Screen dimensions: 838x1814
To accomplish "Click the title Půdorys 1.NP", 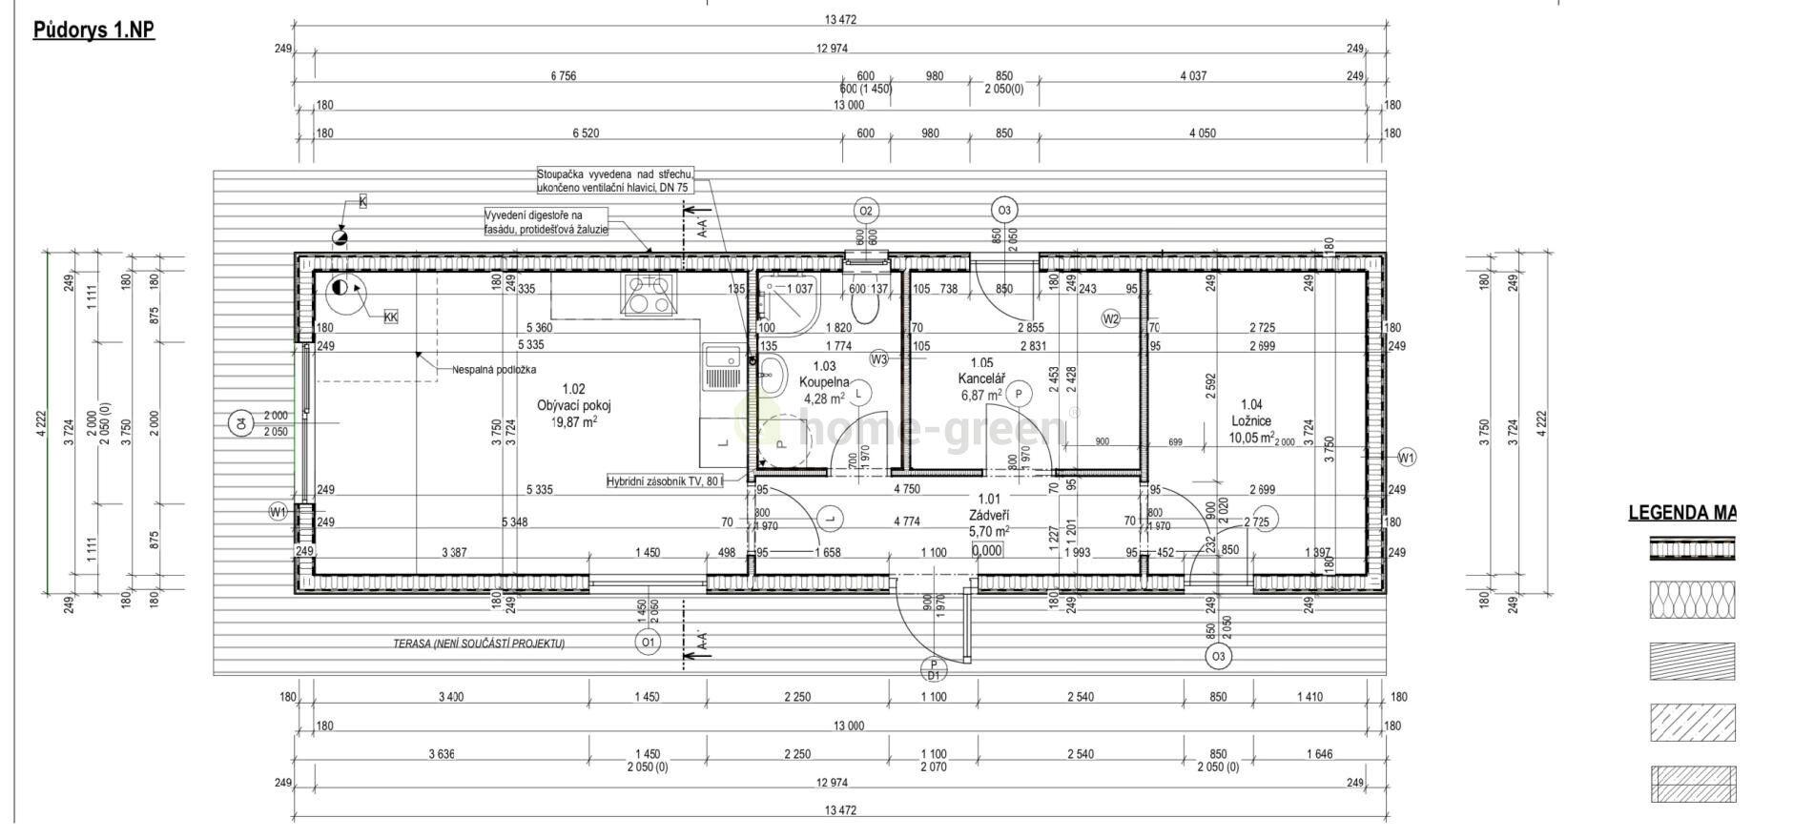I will [x=93, y=31].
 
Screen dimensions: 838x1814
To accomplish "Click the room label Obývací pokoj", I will [x=573, y=405].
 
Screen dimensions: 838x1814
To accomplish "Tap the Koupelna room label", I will [x=824, y=382].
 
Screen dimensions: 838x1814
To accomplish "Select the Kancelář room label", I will [x=981, y=378].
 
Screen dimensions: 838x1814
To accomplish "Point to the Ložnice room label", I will [x=1250, y=420].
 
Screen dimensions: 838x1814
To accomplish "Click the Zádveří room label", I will [x=988, y=515].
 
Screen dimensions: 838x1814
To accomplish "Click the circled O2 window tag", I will [x=865, y=211].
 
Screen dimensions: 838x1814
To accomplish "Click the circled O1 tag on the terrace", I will [x=648, y=644].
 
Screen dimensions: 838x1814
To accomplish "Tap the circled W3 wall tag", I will [x=879, y=359].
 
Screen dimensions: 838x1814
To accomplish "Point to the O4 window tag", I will [x=242, y=422].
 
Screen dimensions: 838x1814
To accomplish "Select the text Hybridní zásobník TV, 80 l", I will [x=664, y=481].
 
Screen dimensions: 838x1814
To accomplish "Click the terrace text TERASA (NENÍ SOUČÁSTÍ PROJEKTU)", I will [x=478, y=644].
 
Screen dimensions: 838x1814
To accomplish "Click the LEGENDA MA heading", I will [x=1680, y=513].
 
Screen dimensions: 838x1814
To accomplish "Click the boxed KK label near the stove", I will [x=390, y=317].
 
